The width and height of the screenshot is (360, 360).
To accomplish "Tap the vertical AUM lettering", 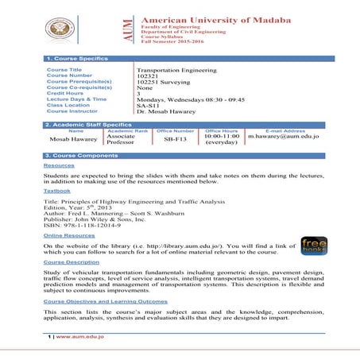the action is [129, 30].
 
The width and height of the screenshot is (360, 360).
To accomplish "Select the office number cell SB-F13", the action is [176, 138].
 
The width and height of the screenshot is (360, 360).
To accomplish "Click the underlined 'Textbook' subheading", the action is [57, 191].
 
